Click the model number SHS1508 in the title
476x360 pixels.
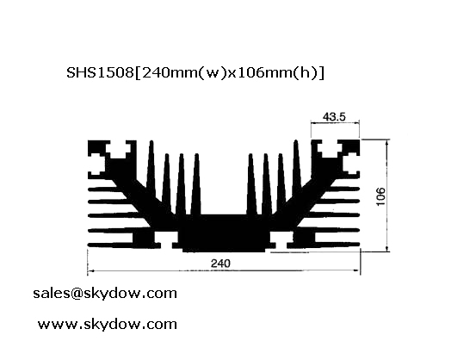pos(100,72)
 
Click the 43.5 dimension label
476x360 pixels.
pos(334,116)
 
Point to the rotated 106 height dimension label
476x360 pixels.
pos(380,196)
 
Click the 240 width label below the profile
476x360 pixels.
pos(220,263)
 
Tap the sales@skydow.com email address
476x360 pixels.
pos(105,294)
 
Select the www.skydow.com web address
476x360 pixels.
pos(108,324)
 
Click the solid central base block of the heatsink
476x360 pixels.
pos(224,233)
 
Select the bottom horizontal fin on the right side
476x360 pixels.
pos(329,245)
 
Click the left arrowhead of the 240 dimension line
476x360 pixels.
pos(90,270)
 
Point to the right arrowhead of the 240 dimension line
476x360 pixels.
pos(356,270)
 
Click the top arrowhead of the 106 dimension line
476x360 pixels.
pos(387,143)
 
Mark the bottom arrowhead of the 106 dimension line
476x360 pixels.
pos(387,248)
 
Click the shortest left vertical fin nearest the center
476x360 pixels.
pos(196,184)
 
